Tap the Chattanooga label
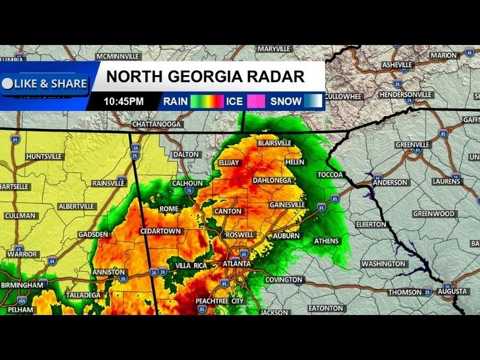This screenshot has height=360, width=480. [x=156, y=124]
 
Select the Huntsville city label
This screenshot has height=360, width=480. [x=44, y=157]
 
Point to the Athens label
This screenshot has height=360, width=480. [x=326, y=241]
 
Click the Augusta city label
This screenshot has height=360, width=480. [x=452, y=292]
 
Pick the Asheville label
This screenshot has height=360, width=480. [x=397, y=65]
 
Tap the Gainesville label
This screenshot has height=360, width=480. [x=287, y=205]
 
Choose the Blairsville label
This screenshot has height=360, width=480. [x=274, y=143]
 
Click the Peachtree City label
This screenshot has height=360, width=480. [x=220, y=301]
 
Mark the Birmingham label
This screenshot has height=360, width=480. [x=22, y=284]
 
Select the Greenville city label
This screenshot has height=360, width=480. [x=412, y=145]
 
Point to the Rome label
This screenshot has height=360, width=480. [x=169, y=209]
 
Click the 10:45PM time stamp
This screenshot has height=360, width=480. [x=124, y=101]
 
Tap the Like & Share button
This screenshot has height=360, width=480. [x=45, y=84]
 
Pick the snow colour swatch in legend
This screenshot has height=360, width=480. [x=313, y=101]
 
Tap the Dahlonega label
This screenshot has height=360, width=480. [x=272, y=180]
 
